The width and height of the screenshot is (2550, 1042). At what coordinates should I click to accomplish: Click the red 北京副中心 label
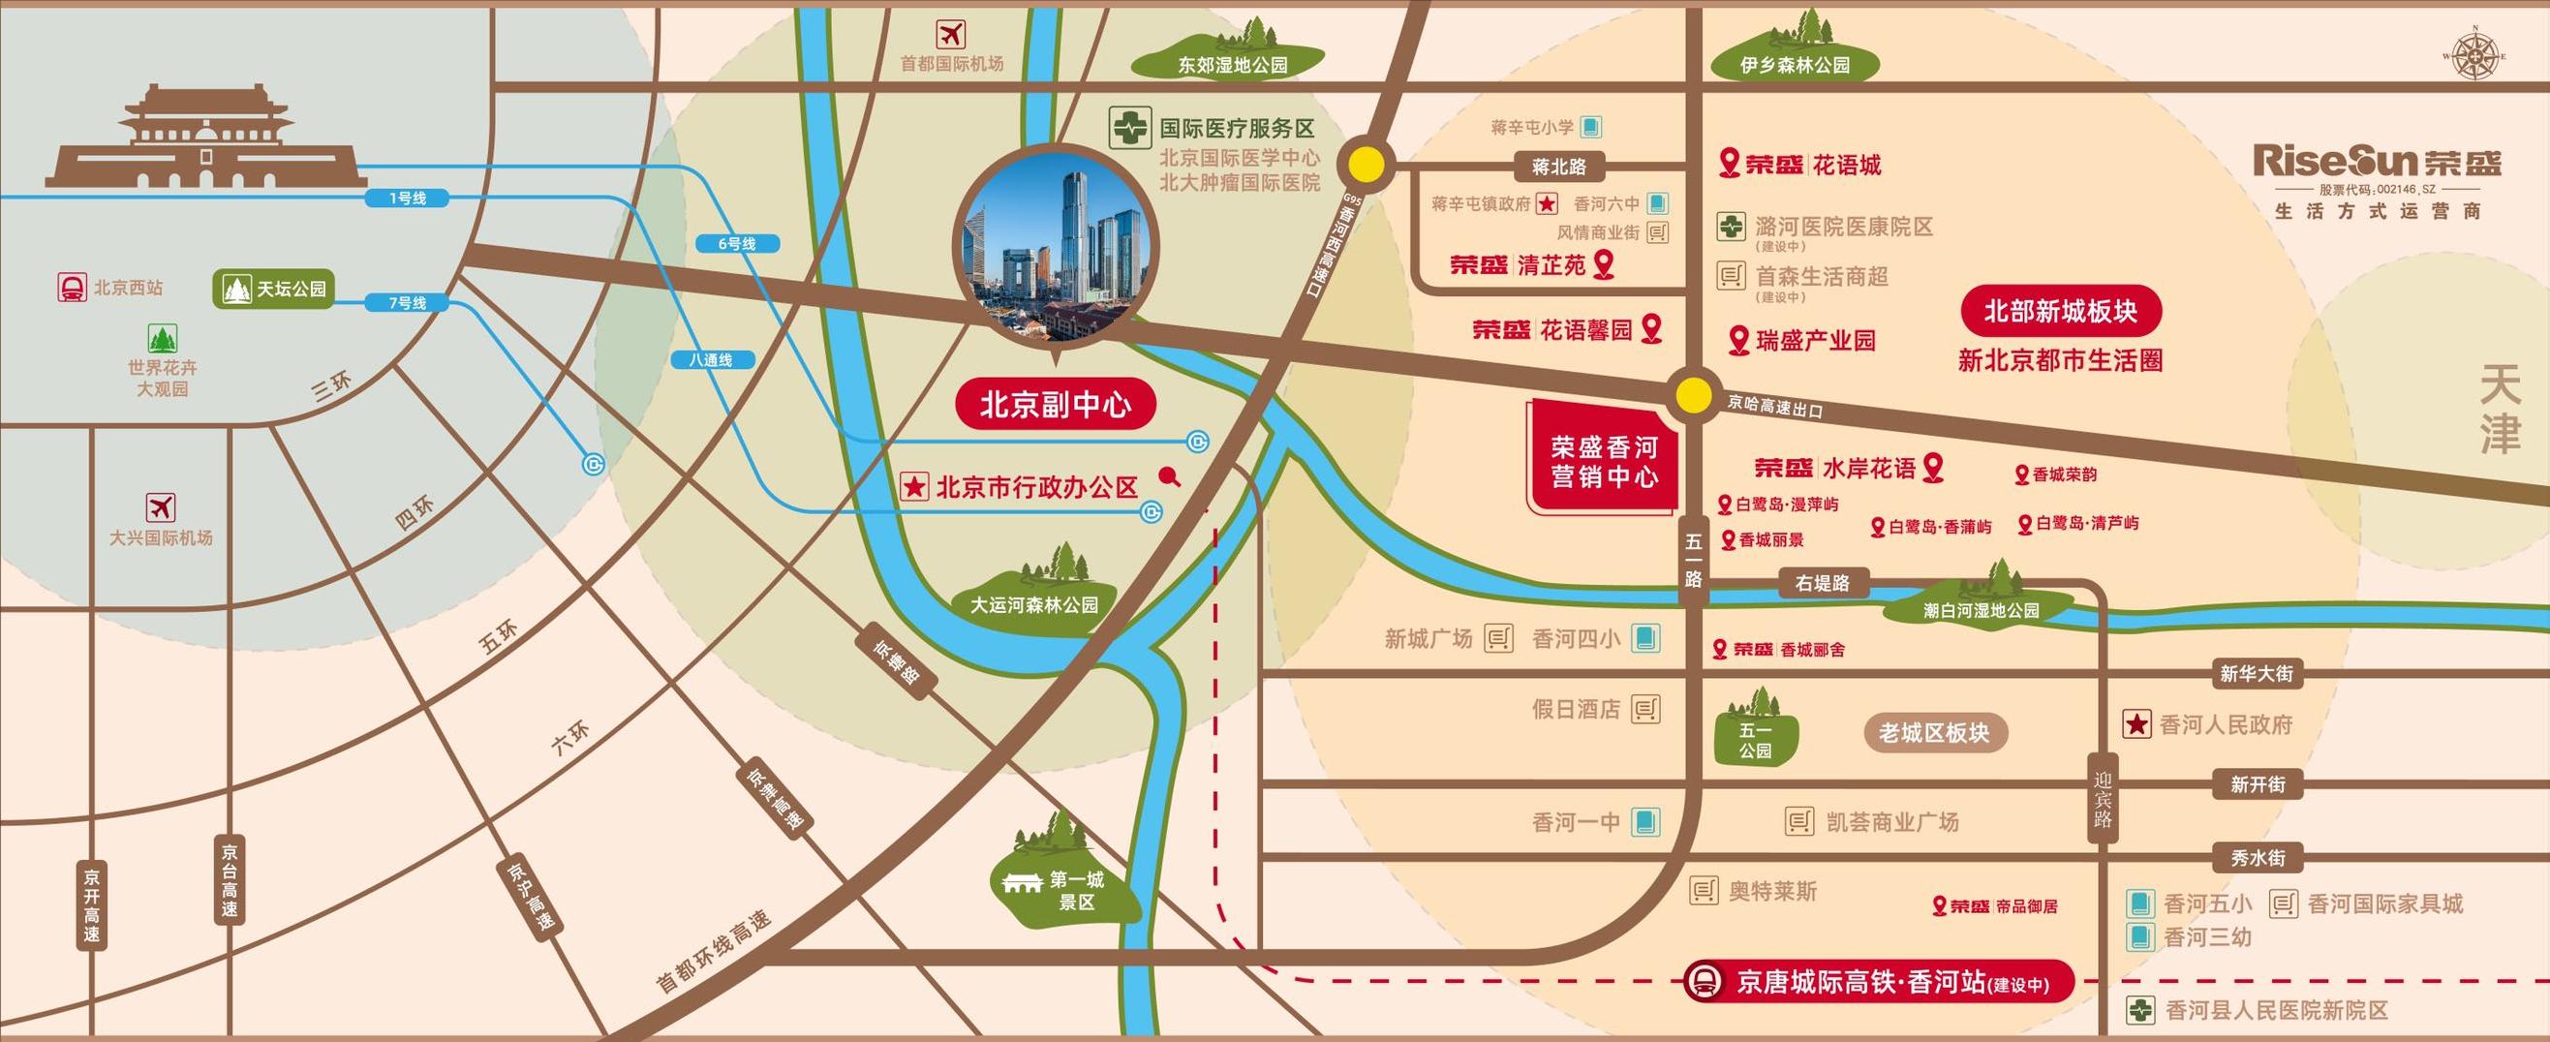click(x=1055, y=405)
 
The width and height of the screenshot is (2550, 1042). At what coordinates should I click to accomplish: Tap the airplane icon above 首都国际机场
click(x=950, y=35)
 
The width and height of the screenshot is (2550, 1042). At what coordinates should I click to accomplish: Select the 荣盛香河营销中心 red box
click(x=1604, y=461)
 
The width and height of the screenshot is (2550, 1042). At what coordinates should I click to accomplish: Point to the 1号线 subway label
click(x=407, y=198)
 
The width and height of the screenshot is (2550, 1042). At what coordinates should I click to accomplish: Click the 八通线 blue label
click(x=710, y=360)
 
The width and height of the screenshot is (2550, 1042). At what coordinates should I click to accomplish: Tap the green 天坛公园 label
click(x=274, y=289)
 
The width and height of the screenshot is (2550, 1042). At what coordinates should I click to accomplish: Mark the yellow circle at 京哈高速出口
click(x=1694, y=396)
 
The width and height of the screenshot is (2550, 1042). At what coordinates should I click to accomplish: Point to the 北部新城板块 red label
click(x=2060, y=312)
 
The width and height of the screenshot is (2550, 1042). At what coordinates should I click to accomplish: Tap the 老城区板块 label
click(x=1932, y=733)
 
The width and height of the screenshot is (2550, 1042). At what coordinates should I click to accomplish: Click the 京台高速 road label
click(x=230, y=880)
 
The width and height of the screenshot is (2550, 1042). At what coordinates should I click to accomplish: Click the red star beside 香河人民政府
click(x=2137, y=724)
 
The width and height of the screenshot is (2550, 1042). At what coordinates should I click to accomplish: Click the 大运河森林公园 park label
click(x=1033, y=603)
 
